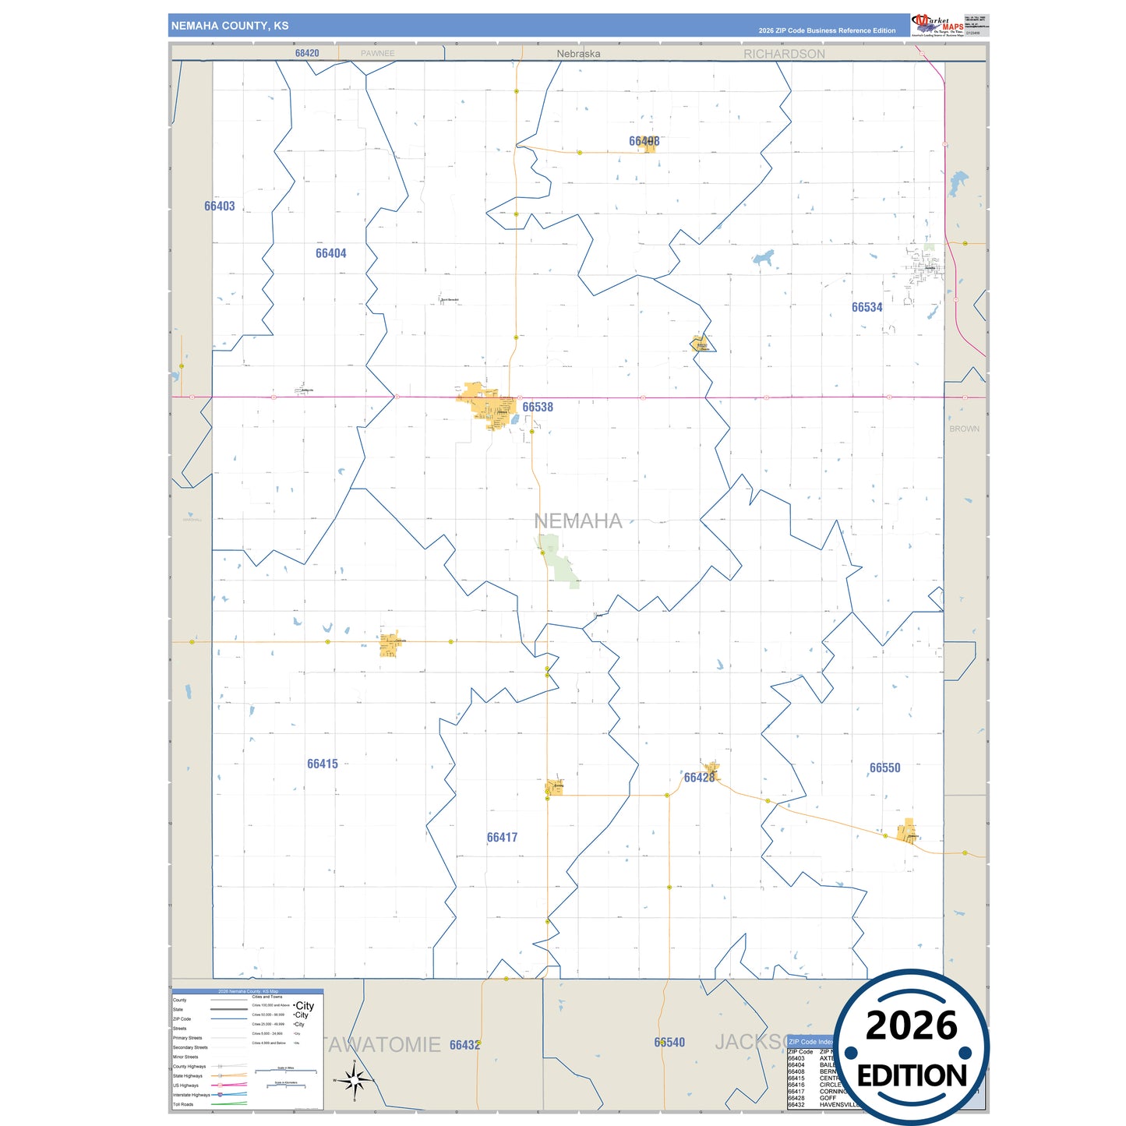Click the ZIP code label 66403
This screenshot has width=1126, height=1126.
coord(219,206)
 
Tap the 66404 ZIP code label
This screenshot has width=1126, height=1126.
coord(330,253)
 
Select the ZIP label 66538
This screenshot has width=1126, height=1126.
coord(538,407)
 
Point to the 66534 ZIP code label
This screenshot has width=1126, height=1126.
coord(867,307)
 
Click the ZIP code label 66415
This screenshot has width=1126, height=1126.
coord(322,764)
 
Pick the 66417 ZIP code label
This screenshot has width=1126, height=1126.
coord(502,837)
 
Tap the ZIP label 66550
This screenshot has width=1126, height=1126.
coord(884,768)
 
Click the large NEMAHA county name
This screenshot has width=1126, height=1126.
coord(577,521)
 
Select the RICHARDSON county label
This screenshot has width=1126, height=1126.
coord(784,54)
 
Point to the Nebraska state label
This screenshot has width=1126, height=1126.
coord(578,54)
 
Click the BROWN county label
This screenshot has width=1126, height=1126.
coord(964,429)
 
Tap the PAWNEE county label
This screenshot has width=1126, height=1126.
coord(377,54)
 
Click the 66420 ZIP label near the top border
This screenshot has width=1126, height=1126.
coord(307,53)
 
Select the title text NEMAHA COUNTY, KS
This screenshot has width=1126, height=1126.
coord(230,26)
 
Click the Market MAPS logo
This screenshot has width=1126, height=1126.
coord(937,25)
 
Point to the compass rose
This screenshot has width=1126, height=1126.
coord(355,1081)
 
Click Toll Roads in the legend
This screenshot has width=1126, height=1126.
coord(183,1104)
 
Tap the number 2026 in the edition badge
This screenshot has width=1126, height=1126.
coord(911,1025)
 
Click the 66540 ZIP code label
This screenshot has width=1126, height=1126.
coord(669,1042)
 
